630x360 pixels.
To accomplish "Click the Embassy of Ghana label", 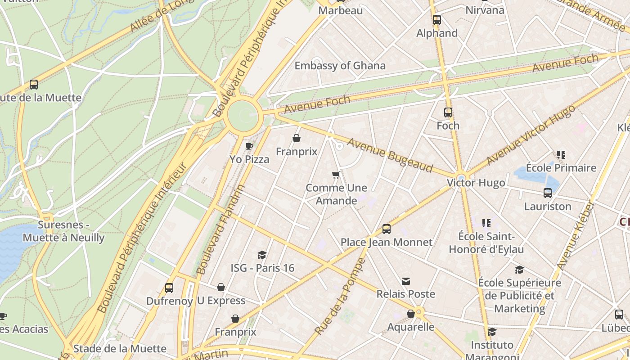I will tap(340, 66).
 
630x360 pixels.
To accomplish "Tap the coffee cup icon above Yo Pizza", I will tap(249, 146).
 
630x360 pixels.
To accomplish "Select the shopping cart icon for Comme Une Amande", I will tap(336, 175).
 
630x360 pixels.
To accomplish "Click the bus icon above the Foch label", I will tap(448, 112).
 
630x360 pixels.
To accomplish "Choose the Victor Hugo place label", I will tap(476, 183).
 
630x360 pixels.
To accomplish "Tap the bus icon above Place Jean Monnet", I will tap(386, 229).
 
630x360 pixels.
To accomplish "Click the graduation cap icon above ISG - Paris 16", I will tap(262, 255).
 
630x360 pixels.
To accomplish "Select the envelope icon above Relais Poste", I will tap(406, 281).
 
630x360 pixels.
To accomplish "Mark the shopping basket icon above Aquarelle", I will tap(411, 314).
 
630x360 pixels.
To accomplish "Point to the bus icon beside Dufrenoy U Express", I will tap(169, 288).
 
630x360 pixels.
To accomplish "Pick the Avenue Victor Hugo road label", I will tap(531, 135).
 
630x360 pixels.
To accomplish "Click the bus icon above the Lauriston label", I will tap(548, 193).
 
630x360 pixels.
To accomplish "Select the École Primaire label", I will tap(561, 168).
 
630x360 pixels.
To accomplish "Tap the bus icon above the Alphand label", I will tap(436, 20).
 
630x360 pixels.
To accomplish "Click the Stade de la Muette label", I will tap(120, 348).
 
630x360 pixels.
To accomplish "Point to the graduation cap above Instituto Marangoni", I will tap(492, 332).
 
